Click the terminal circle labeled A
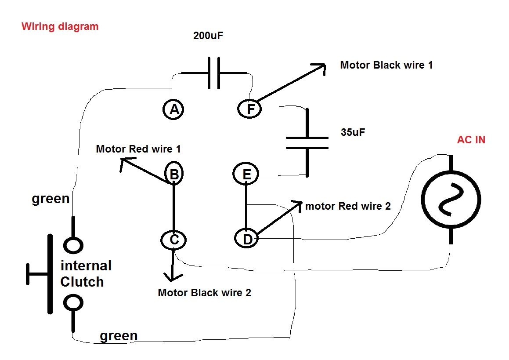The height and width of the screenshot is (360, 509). click(x=174, y=109)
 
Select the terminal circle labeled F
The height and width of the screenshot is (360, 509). click(x=250, y=108)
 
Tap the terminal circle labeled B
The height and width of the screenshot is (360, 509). click(x=174, y=174)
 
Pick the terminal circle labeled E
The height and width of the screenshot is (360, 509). click(x=246, y=175)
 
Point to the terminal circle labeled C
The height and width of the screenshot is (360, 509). click(x=174, y=240)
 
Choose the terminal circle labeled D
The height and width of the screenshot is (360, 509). click(x=248, y=239)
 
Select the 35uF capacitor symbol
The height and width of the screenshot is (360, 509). click(x=307, y=142)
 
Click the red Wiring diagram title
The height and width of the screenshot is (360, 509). click(x=60, y=26)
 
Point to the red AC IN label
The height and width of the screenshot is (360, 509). click(x=471, y=140)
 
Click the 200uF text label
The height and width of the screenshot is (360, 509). click(x=208, y=36)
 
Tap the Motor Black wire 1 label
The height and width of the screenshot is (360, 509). click(x=386, y=65)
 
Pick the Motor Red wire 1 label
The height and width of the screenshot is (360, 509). click(x=138, y=149)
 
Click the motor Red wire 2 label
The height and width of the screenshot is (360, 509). click(x=348, y=206)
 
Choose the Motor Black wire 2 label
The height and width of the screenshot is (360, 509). click(x=204, y=292)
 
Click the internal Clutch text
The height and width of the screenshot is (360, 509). click(x=85, y=273)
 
